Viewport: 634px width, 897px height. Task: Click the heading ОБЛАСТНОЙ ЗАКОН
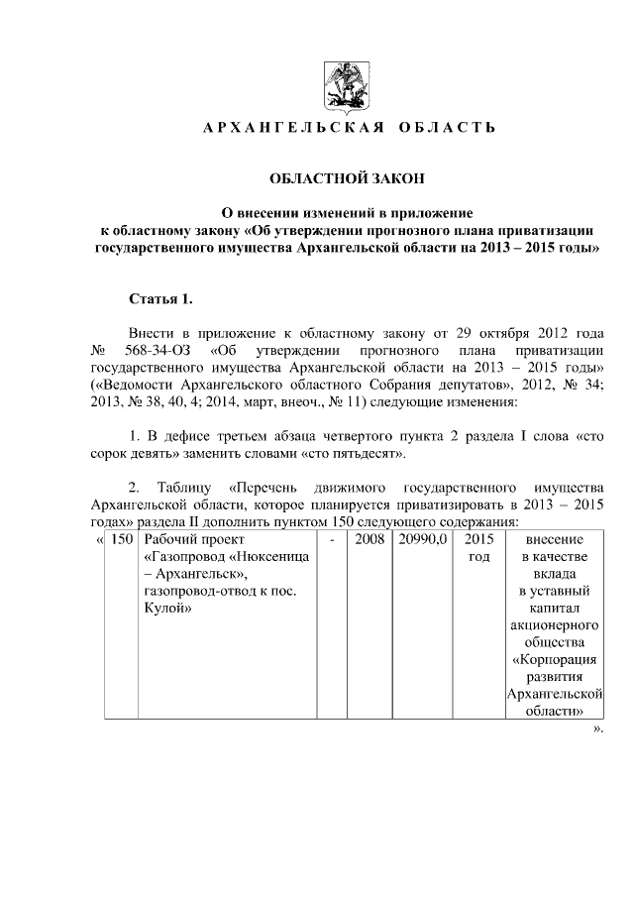pyautogui.click(x=347, y=178)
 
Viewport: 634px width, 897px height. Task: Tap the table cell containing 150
pyautogui.click(x=123, y=539)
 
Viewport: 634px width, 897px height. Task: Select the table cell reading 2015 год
pyautogui.click(x=478, y=548)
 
